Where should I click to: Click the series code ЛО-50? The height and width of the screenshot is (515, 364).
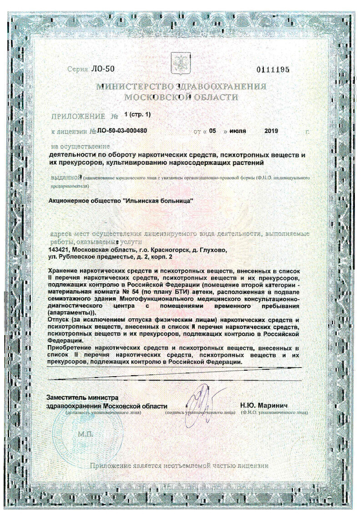pos(103,69)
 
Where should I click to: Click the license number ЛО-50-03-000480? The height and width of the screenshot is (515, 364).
pos(122,131)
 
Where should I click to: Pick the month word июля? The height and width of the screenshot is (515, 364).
pos(238,131)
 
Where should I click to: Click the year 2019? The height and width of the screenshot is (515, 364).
pos(271,131)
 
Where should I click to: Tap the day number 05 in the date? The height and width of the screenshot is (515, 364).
pos(212,131)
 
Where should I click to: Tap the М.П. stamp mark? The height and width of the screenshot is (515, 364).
pos(86,434)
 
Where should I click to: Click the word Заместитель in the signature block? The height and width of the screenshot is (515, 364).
pos(68,398)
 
